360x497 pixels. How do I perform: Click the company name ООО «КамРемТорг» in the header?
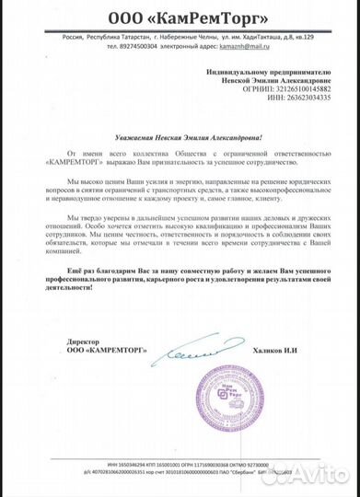(x=180, y=19)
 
